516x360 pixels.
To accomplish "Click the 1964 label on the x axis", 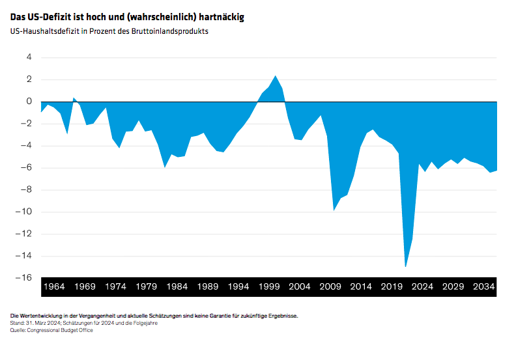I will point(55,286).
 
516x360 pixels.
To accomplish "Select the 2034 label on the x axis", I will point(484,286).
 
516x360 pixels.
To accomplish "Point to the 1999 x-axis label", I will point(270,286).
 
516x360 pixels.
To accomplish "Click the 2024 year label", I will point(422,286).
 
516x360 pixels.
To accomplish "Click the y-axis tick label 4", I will point(28,57).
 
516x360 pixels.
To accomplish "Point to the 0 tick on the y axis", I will point(28,102).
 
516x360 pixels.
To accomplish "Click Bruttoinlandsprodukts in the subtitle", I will point(171,31).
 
